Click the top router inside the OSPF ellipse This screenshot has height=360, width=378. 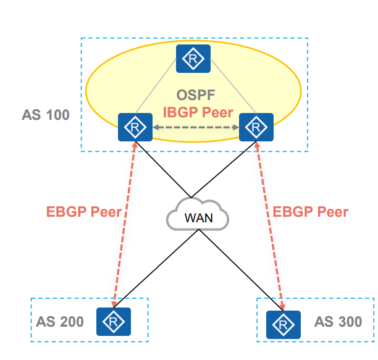pyautogui.click(x=193, y=59)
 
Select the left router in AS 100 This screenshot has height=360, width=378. pyautogui.click(x=135, y=127)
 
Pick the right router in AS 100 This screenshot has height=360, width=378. pyautogui.click(x=256, y=127)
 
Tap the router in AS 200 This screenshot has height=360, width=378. pyautogui.click(x=114, y=322)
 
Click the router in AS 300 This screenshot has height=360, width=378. pyautogui.click(x=283, y=325)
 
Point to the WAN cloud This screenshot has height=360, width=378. pyautogui.click(x=198, y=214)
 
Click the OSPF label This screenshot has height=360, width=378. pyautogui.click(x=196, y=95)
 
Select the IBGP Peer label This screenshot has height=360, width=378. pyautogui.click(x=198, y=112)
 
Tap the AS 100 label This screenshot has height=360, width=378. pyautogui.click(x=46, y=115)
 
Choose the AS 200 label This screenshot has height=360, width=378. pyautogui.click(x=60, y=322)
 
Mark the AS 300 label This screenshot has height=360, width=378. pyautogui.click(x=338, y=322)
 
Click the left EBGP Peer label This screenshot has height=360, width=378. pyautogui.click(x=84, y=212)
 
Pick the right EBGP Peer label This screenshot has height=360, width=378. pyautogui.click(x=311, y=212)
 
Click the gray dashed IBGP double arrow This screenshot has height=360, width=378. pyautogui.click(x=196, y=127)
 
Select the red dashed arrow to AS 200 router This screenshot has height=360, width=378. pyautogui.click(x=124, y=225)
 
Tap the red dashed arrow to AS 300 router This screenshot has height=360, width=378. pyautogui.click(x=270, y=226)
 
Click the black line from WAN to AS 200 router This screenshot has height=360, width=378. pyautogui.click(x=156, y=269)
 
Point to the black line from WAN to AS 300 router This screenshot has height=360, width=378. pyautogui.click(x=241, y=270)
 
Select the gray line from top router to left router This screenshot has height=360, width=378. pyautogui.click(x=156, y=86)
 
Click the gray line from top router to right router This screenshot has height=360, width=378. pyautogui.click(x=233, y=86)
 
